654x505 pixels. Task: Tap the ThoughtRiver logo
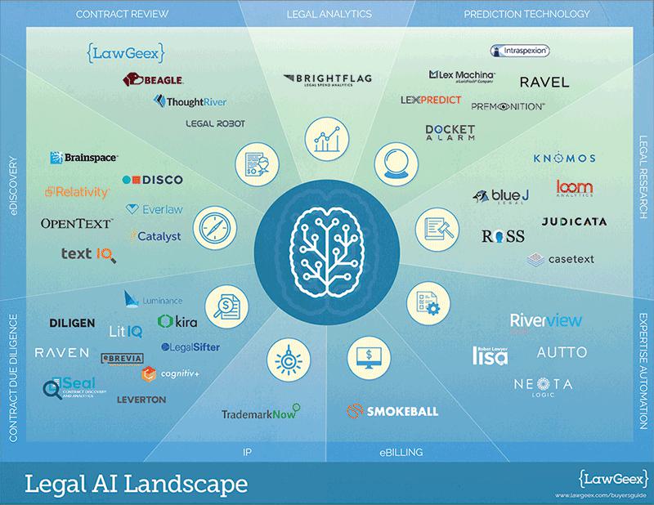190,101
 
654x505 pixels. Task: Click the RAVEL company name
544,82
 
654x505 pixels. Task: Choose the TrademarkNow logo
261,413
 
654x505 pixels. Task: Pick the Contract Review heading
122,15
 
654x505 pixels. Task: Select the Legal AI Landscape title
136,483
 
